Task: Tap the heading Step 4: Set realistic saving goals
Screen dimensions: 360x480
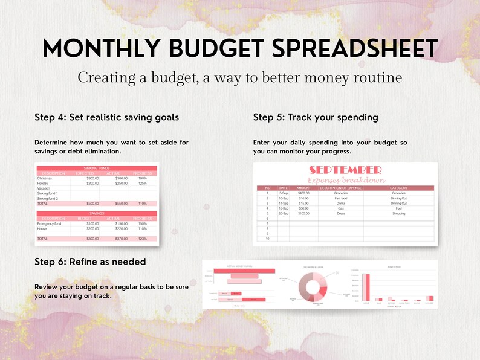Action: click(x=106, y=117)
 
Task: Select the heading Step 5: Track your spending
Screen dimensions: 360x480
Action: click(x=316, y=117)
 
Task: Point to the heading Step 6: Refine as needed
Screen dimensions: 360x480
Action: click(x=90, y=262)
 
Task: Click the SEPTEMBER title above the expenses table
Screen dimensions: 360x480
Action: click(x=345, y=170)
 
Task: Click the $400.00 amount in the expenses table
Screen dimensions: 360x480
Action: click(x=303, y=193)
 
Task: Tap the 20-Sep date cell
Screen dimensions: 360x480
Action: click(x=284, y=213)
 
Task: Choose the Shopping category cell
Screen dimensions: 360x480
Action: click(x=398, y=213)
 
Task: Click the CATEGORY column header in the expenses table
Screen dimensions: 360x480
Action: click(x=398, y=188)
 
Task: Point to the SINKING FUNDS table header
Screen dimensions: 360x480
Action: click(x=97, y=169)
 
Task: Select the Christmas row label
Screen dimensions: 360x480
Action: click(x=45, y=179)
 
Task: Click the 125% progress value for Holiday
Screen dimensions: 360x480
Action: click(x=143, y=184)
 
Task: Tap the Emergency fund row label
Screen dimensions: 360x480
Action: click(x=49, y=224)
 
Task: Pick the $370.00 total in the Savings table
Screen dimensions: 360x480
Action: click(x=122, y=239)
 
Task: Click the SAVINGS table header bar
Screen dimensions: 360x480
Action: click(x=97, y=213)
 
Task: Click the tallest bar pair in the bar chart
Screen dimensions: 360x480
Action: click(x=365, y=286)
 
